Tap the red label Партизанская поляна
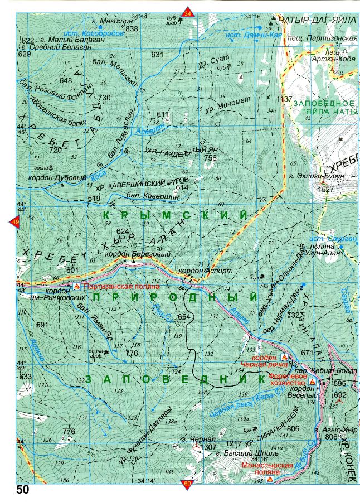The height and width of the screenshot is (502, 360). pos(121,287)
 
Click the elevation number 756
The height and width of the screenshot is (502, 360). pos(210,158)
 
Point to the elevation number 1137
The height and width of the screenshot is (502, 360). pos(284,99)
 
